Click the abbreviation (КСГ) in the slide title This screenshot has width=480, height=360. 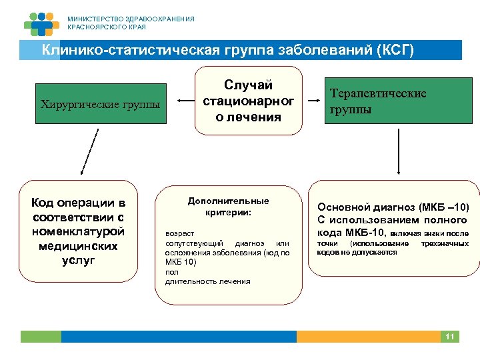[395, 50]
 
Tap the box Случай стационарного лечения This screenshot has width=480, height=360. [249, 101]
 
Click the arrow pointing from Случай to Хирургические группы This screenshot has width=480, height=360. [183, 103]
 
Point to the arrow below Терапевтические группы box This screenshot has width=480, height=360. [399, 151]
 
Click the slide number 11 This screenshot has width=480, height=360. [450, 337]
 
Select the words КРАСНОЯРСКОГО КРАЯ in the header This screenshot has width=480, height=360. [106, 27]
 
